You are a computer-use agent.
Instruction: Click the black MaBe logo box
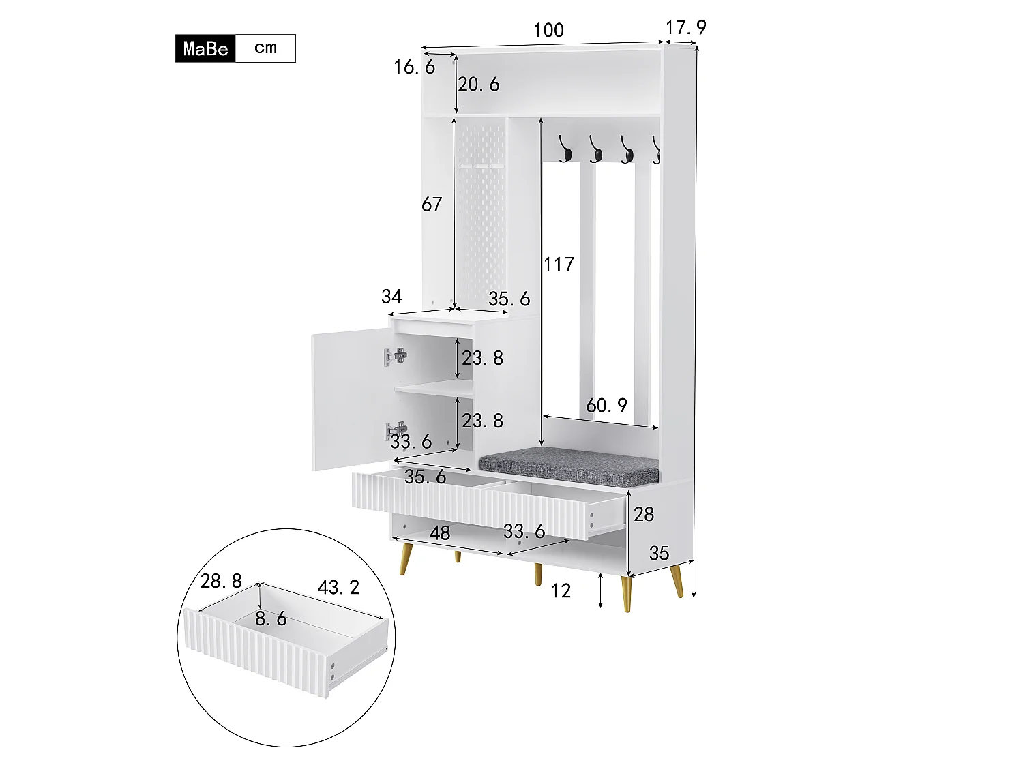click(205, 48)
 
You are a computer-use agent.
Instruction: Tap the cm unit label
click(265, 48)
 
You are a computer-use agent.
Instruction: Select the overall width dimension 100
click(548, 30)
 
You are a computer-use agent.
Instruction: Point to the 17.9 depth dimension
click(685, 27)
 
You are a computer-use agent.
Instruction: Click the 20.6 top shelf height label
click(478, 85)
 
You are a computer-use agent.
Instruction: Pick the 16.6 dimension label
click(414, 67)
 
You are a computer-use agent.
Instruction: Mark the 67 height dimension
click(432, 204)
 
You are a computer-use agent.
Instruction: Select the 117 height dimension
click(559, 264)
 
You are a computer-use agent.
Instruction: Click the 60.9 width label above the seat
click(606, 406)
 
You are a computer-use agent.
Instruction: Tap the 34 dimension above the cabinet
click(391, 297)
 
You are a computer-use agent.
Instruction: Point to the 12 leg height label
click(561, 590)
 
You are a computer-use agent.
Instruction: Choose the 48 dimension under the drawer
click(440, 532)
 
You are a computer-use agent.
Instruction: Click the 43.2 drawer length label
click(338, 586)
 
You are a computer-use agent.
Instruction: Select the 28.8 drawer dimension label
click(221, 581)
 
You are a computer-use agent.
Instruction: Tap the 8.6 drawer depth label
click(271, 618)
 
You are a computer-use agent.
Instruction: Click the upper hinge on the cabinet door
click(396, 356)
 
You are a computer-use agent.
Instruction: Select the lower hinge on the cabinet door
click(396, 430)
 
